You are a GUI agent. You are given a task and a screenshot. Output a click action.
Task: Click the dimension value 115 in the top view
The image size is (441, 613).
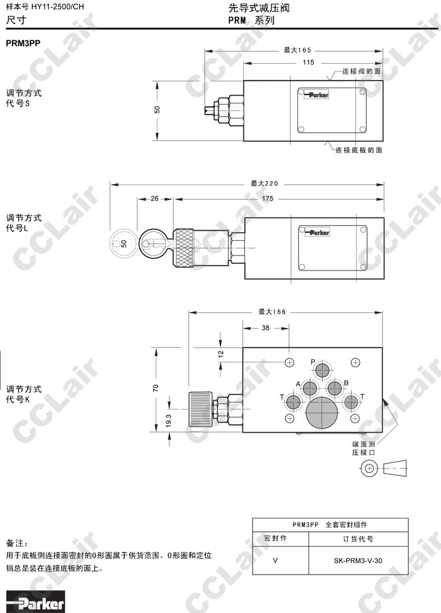click(x=308, y=62)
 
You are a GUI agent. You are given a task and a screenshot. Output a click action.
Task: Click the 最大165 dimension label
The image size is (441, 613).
click(x=297, y=50)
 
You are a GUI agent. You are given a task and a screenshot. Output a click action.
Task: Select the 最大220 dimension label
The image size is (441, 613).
click(x=265, y=184)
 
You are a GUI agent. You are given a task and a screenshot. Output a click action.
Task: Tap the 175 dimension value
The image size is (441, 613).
click(x=268, y=199)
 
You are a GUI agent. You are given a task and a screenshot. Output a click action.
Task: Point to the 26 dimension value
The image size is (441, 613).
click(x=155, y=199)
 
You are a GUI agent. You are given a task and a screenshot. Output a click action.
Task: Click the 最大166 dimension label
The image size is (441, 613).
click(x=272, y=312)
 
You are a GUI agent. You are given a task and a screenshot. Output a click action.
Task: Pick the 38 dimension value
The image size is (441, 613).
click(x=266, y=328)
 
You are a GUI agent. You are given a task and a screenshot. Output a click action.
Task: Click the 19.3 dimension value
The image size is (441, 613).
click(x=169, y=421)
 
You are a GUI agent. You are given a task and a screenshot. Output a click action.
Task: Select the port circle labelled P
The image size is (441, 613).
click(x=323, y=370)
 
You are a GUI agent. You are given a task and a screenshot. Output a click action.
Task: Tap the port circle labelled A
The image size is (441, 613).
click(x=310, y=388)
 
